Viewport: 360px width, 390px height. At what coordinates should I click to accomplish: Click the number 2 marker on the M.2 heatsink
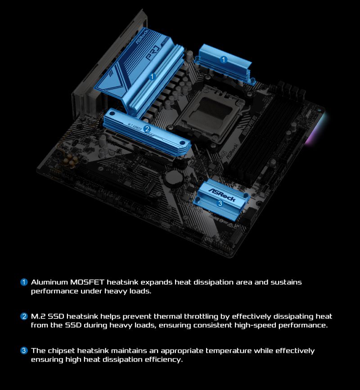(x=147, y=130)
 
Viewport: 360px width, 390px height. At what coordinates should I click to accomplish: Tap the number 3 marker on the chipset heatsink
(x=220, y=203)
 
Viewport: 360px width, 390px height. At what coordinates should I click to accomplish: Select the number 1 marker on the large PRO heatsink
(x=152, y=77)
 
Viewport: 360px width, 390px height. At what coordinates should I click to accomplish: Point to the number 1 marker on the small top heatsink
(x=224, y=59)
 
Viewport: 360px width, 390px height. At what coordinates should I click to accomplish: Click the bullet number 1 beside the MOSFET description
(x=24, y=282)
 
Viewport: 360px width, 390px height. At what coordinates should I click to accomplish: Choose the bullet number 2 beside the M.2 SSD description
(x=24, y=316)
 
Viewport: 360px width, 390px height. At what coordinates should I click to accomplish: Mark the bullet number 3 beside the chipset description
(x=24, y=350)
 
